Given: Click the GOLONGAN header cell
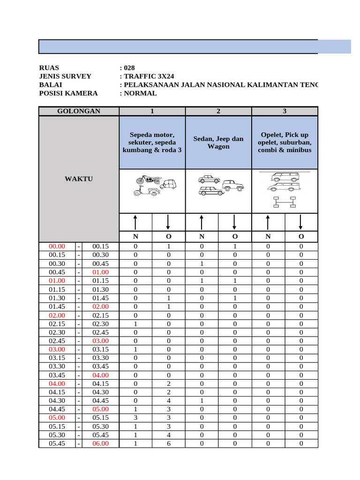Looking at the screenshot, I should tap(79, 111).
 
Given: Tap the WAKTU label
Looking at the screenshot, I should tap(79, 179).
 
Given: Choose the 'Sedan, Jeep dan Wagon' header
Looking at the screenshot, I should tap(218, 142).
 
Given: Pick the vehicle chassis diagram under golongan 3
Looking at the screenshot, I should tap(285, 202).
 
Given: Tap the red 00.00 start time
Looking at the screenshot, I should tap(58, 246).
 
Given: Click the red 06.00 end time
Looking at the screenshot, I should tap(100, 443).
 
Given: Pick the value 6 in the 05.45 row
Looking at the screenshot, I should tap(169, 443).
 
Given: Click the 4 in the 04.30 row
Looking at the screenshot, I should tap(169, 401).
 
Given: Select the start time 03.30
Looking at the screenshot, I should tap(58, 367).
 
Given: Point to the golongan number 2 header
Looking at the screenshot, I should tap(218, 111).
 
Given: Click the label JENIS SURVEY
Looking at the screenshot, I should tap(65, 76).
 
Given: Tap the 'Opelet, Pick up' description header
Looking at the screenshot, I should tap(285, 142).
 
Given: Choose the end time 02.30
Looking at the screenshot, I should tap(100, 323).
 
